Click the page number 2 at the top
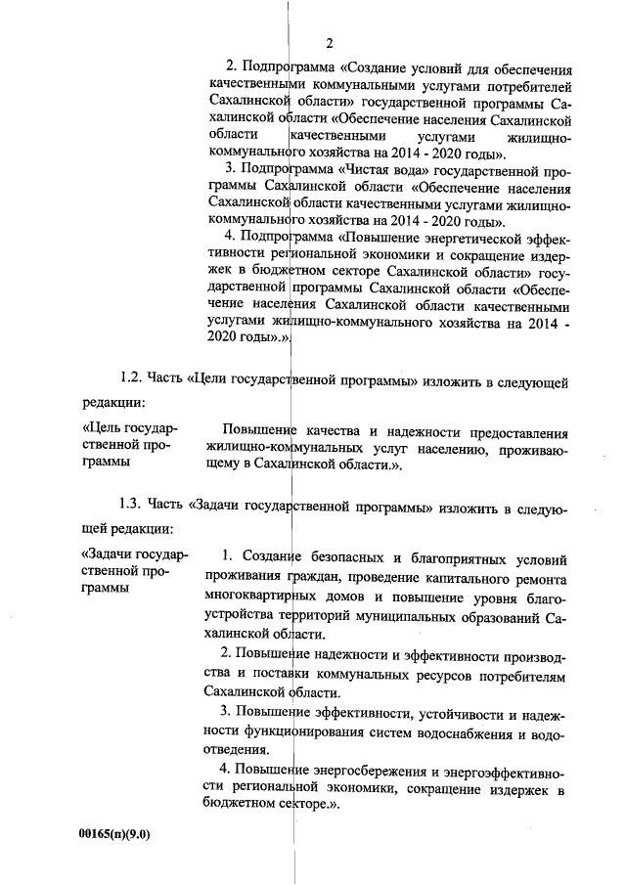(x=330, y=42)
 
